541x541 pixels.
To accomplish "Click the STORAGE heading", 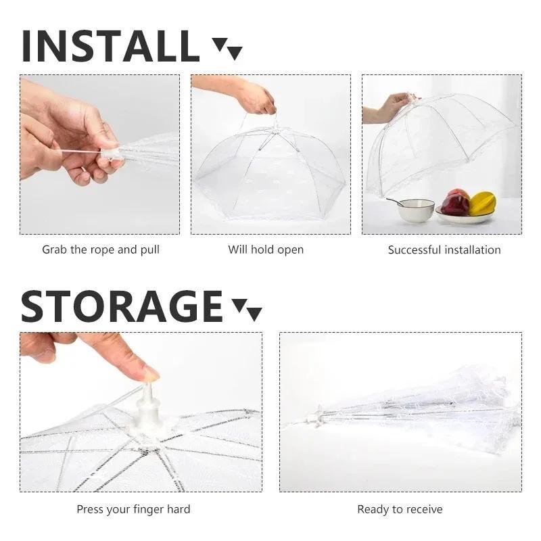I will click(x=122, y=306).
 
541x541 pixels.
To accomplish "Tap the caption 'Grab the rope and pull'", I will click(x=101, y=250).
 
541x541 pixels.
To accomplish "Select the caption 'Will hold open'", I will click(x=266, y=250).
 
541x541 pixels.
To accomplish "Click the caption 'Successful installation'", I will click(x=444, y=250).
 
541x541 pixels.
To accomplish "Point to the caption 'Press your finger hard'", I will click(x=133, y=509).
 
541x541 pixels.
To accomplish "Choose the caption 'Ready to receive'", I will click(x=400, y=509).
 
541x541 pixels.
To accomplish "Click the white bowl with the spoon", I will click(x=415, y=210).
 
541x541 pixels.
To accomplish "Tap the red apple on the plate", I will click(x=456, y=202).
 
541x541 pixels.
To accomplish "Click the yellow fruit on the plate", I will click(x=482, y=202).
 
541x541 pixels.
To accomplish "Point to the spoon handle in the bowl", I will click(x=394, y=200).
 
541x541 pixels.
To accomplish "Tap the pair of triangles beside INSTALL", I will click(x=227, y=49).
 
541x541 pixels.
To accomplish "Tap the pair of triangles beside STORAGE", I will click(x=247, y=310).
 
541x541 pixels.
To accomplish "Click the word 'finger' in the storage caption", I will click(x=149, y=509).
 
